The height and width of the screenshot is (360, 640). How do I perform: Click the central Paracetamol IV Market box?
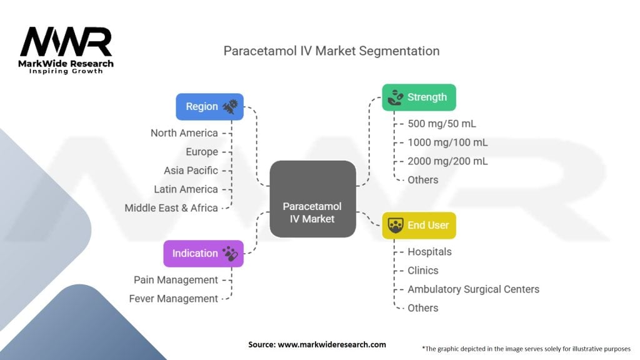(312, 199)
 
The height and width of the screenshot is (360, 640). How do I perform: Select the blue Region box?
(209, 106)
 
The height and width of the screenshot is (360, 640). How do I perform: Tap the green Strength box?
(419, 97)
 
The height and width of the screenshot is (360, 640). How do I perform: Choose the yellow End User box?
(419, 225)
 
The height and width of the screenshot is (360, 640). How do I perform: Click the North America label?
(184, 133)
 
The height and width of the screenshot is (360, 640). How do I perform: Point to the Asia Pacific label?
(191, 171)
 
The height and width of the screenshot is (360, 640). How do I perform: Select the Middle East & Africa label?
(171, 208)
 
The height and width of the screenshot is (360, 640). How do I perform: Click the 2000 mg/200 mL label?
(447, 161)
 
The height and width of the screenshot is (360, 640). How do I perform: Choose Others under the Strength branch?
(422, 180)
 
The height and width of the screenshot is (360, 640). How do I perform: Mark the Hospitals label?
(429, 252)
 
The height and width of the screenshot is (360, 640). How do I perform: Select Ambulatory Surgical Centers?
(473, 289)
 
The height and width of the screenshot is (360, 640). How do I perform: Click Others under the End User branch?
(422, 308)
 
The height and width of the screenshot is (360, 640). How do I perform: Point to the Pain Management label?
(176, 280)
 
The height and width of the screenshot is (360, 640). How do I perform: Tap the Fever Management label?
(173, 299)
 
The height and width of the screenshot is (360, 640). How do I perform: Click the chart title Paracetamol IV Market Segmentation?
(331, 51)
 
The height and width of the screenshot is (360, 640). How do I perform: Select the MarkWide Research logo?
(66, 51)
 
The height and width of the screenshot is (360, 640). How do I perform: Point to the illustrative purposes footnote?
(527, 348)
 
